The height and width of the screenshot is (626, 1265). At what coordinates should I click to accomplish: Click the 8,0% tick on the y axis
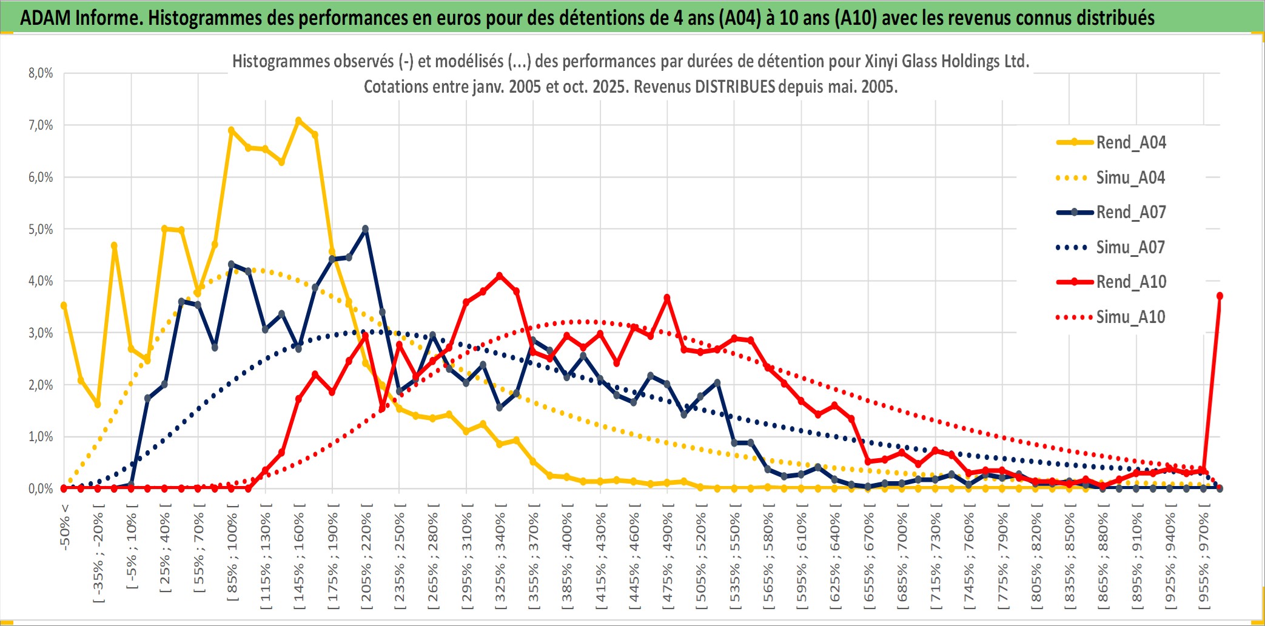pos(41,73)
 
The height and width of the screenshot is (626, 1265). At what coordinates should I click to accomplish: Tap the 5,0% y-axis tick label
pos(41,230)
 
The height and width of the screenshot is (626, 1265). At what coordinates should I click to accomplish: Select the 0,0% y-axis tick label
pos(41,489)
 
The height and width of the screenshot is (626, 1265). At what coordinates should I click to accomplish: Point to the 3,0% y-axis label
pos(41,333)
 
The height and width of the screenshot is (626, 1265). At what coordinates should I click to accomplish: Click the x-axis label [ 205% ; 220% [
pos(366,558)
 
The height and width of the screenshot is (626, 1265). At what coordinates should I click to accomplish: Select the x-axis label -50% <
pos(65,527)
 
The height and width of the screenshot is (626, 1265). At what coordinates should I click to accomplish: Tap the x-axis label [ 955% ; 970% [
pos(1204,558)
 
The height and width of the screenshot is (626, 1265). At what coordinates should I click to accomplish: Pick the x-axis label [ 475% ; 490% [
pos(668,558)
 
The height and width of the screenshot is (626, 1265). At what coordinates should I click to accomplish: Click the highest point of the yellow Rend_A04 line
pos(298,121)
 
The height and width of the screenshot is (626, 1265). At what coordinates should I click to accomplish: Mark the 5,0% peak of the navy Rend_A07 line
pos(365,229)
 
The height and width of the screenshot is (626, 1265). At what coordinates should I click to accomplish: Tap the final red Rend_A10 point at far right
pos(1220,296)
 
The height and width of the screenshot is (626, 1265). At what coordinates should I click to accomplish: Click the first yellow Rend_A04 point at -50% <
pos(64,305)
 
